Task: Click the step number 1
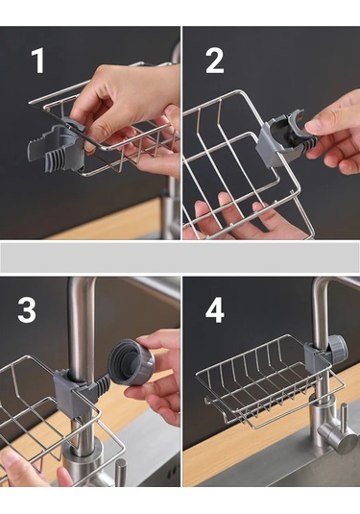(38, 61)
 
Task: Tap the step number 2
(214, 61)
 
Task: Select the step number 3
(27, 310)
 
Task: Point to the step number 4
(215, 310)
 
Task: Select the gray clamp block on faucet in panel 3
(70, 391)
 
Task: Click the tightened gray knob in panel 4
(338, 348)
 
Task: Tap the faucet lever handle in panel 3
(120, 473)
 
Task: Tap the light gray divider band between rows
(180, 257)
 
